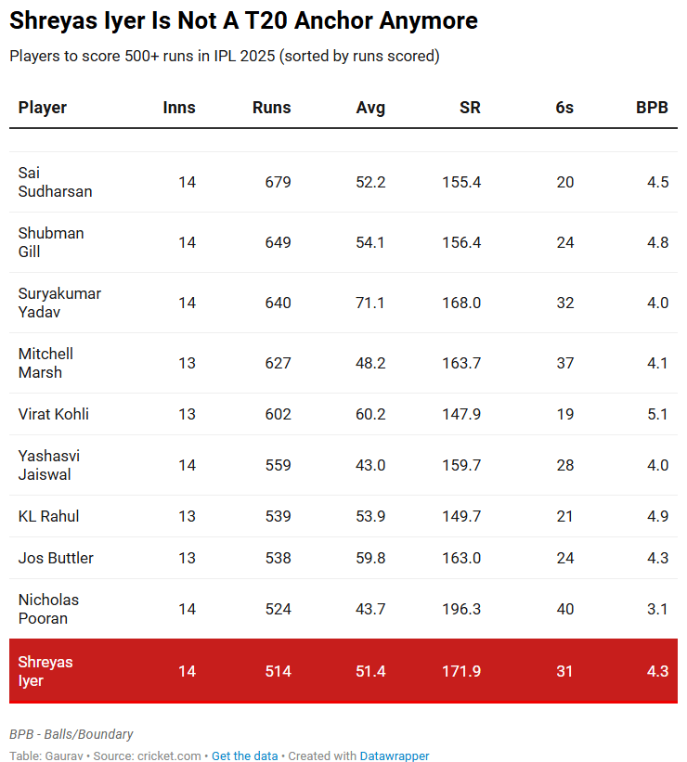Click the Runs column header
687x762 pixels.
pos(271,108)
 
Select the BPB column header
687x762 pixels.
pos(652,108)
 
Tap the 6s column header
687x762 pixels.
pos(564,108)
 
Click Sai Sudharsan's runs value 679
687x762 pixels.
pos(278,182)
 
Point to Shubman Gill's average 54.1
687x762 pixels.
pos(370,242)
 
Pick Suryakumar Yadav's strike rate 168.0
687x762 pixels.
pos(461,303)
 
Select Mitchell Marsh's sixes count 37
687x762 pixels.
pos(564,363)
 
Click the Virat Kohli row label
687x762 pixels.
pos(54,414)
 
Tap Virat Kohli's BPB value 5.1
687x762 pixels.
pos(657,414)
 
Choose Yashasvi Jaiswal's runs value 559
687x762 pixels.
pos(278,465)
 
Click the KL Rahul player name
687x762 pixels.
pos(48,516)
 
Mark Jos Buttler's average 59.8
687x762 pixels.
pos(370,558)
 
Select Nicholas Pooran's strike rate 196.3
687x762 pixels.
pos(461,609)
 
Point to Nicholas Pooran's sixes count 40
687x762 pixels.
pos(564,609)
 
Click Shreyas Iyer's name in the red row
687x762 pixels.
pos(45,671)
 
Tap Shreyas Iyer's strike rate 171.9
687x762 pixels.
pos(461,671)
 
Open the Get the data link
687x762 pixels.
pos(244,756)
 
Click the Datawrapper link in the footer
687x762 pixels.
pos(395,756)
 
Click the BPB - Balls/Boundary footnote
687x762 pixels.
pos(71,734)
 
